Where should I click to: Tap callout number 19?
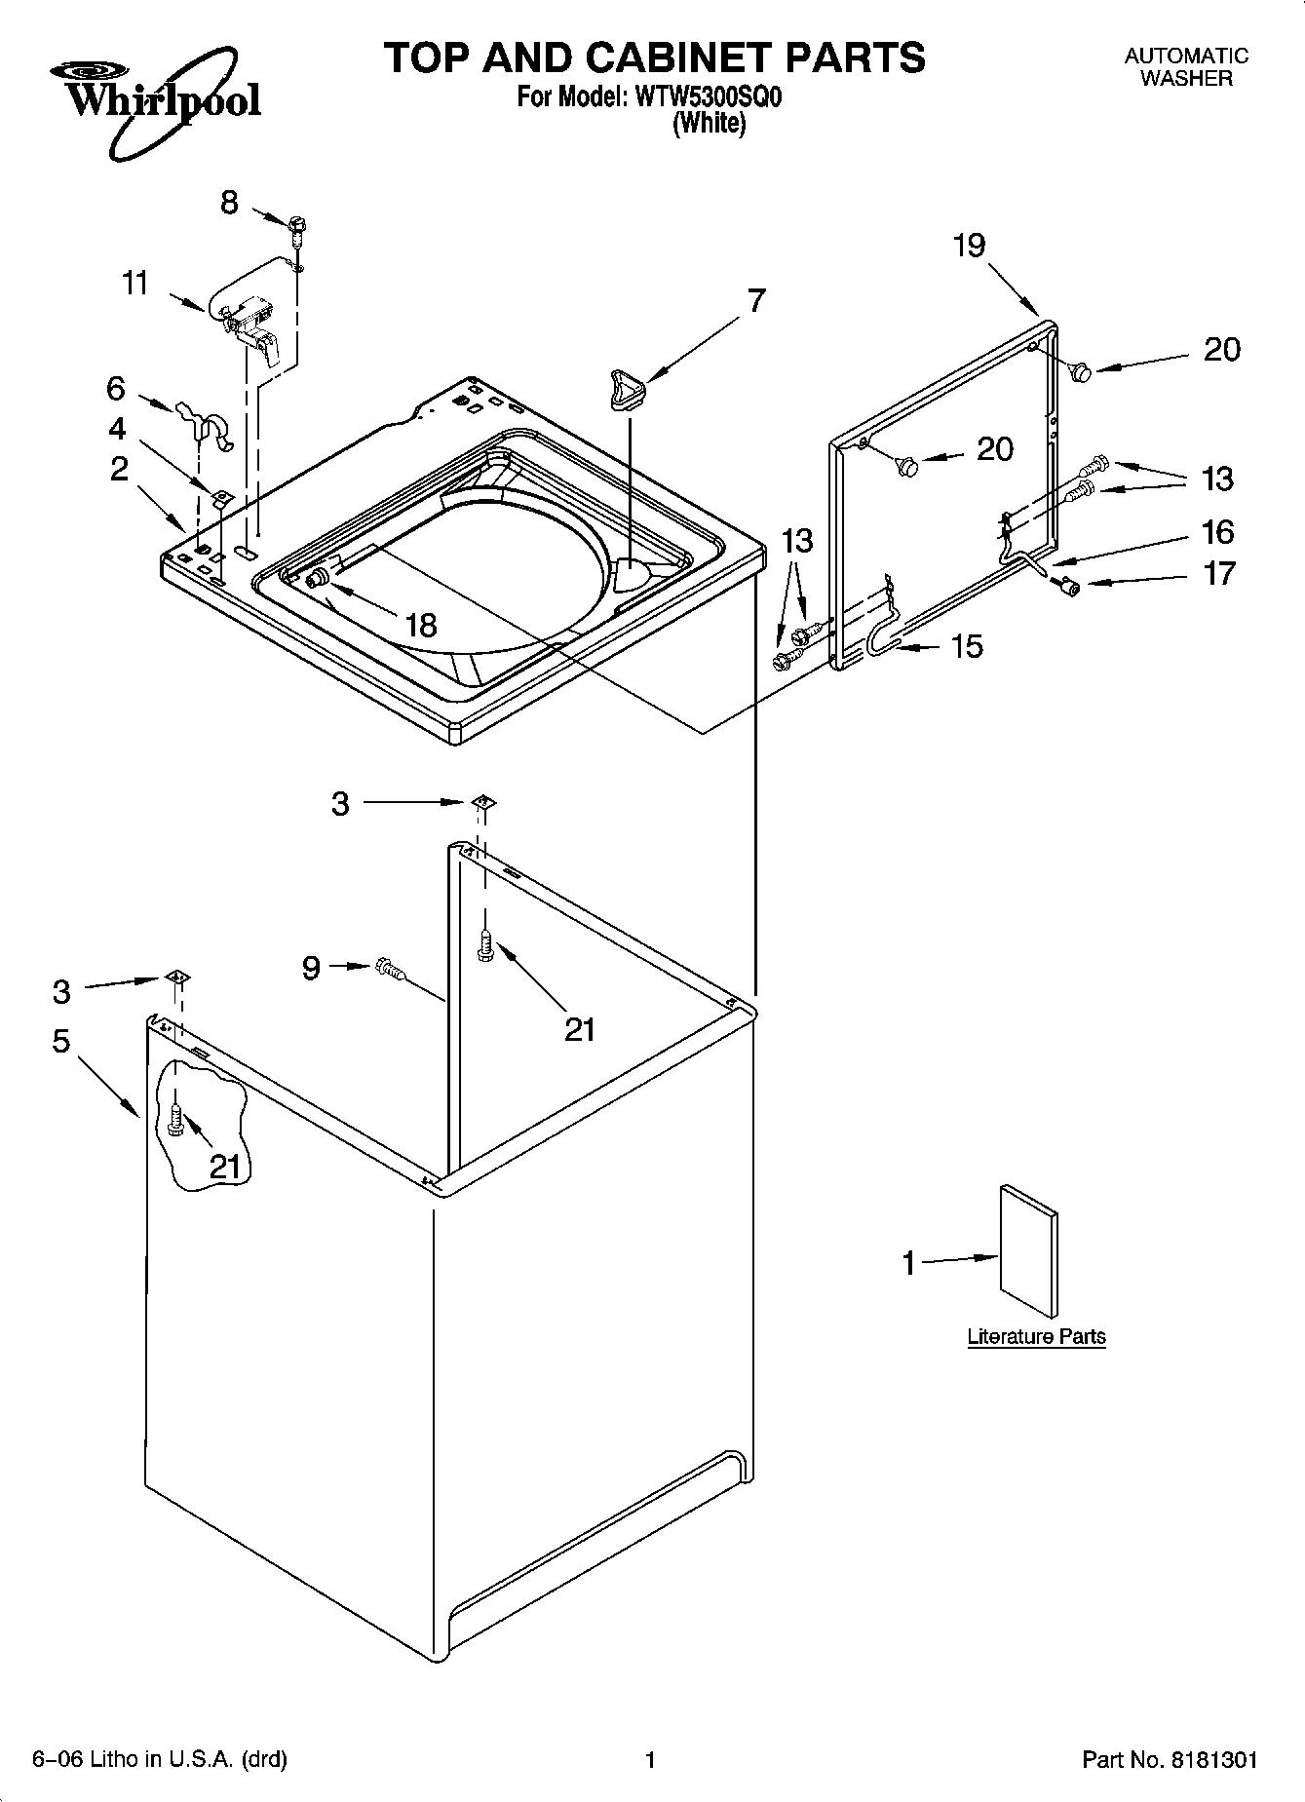(969, 246)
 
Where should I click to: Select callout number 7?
(756, 300)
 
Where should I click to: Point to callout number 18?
(421, 625)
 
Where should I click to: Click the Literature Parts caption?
(1036, 1336)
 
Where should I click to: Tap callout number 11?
(135, 284)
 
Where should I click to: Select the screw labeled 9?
(388, 968)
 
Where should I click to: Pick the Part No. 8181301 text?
(1170, 1760)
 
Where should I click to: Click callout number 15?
(967, 646)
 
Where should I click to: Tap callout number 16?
(1217, 532)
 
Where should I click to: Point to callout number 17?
(1218, 573)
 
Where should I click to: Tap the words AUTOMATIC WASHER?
(1186, 67)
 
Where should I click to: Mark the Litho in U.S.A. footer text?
(160, 1760)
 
